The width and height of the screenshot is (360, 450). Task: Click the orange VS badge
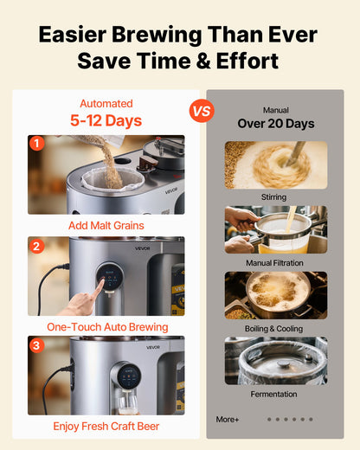201,111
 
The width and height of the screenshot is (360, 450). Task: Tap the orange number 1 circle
36,143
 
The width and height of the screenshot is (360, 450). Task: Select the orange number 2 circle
36,245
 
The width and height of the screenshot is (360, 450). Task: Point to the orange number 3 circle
36,345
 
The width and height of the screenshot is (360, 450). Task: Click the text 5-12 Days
106,121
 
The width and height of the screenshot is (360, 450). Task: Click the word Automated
106,103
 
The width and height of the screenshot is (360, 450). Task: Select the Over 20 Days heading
276,124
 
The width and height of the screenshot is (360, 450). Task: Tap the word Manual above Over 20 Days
276,110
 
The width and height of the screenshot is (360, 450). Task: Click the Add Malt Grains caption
106,225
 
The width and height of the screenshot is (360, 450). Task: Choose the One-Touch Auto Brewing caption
106,326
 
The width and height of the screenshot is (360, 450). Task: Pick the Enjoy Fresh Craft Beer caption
106,426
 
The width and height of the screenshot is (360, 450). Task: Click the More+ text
228,419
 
